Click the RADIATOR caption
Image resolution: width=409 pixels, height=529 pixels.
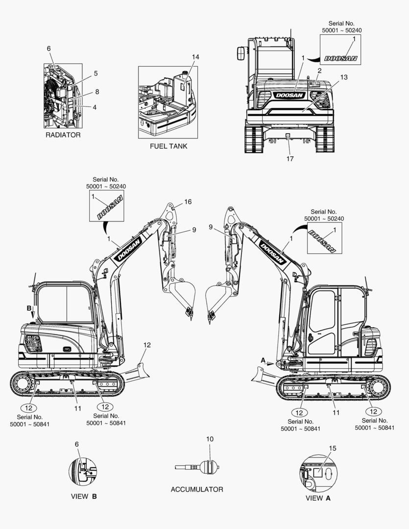tap(63, 135)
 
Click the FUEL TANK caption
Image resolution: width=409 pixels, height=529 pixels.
tap(168, 146)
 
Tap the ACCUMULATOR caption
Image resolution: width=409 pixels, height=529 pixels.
tap(197, 489)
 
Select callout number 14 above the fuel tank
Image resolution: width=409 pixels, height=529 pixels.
tap(195, 57)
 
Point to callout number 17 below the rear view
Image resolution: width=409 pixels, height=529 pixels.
tap(290, 159)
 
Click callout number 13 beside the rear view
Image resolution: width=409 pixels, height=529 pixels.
tap(343, 77)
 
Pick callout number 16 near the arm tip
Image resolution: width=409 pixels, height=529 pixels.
tap(188, 202)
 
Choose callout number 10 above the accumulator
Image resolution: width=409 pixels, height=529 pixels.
tap(210, 439)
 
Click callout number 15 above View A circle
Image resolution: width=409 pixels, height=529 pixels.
tap(333, 448)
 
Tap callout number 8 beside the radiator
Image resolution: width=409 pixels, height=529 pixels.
tap(97, 92)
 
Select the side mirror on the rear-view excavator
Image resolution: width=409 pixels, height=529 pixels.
tap(241, 53)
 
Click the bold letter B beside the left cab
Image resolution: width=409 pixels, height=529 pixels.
tap(29, 308)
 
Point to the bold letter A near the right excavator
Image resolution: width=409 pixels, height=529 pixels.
tap(263, 361)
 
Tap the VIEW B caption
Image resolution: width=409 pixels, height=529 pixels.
tap(84, 497)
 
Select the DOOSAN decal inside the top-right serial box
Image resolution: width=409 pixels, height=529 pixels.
tap(340, 58)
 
